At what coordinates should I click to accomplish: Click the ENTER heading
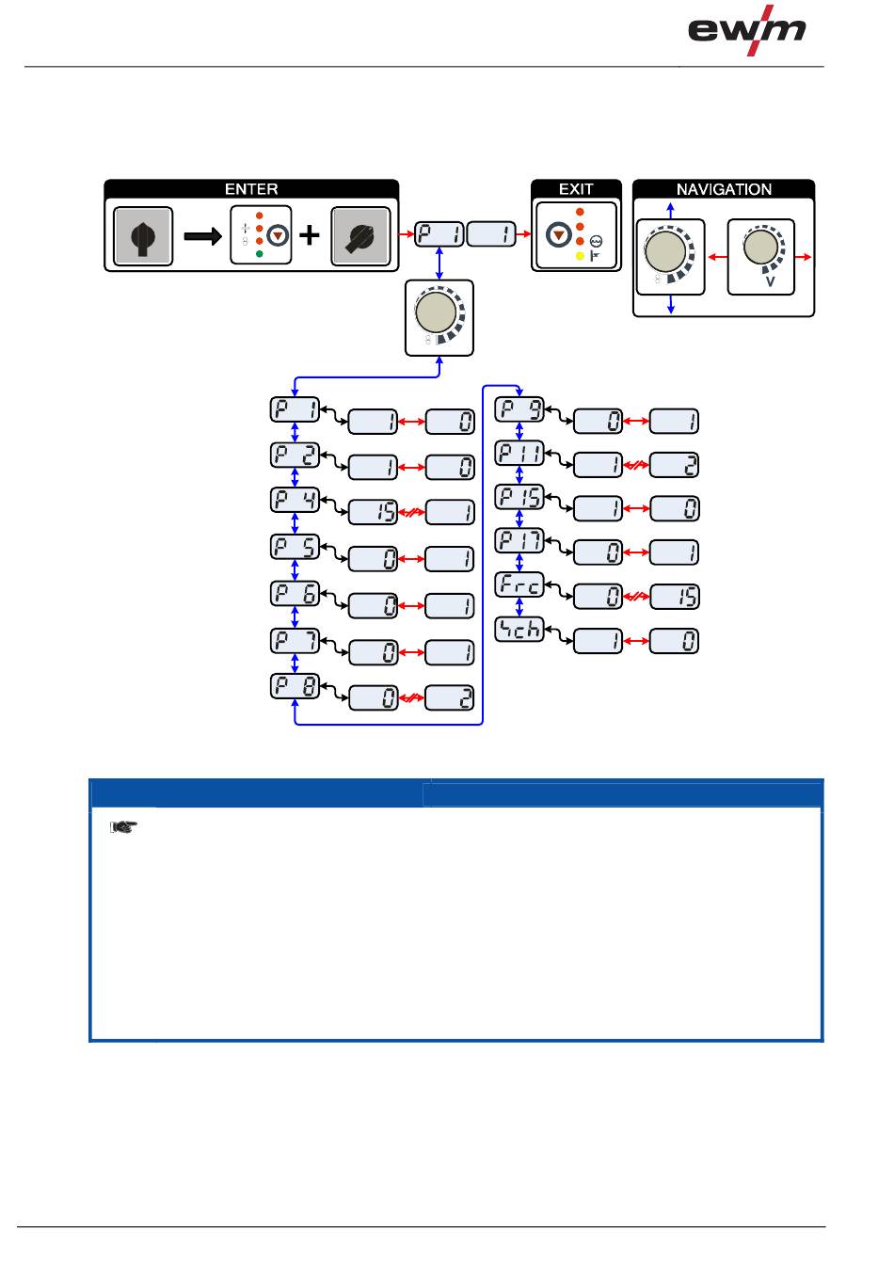pos(251,189)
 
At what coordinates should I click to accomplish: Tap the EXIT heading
pos(576,189)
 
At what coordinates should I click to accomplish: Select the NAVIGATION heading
pos(724,189)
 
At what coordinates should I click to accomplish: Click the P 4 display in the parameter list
pos(295,500)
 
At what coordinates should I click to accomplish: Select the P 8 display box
pos(295,686)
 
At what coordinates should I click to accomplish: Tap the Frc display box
pos(519,584)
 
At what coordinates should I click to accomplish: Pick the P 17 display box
pos(519,540)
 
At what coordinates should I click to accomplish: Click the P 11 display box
pos(519,454)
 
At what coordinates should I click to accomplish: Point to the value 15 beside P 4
pos(374,513)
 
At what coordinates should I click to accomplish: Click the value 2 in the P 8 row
pos(450,698)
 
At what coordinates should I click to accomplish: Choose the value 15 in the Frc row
pos(675,597)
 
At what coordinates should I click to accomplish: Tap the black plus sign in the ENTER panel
pos(310,235)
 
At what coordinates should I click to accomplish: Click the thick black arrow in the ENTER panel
pos(201,236)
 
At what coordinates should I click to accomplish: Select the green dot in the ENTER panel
pos(259,255)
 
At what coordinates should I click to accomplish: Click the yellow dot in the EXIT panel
pos(580,255)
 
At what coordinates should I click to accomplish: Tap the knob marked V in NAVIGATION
pos(760,250)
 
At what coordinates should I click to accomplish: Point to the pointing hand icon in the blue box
pos(122,827)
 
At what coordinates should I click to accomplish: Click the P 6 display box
pos(295,594)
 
